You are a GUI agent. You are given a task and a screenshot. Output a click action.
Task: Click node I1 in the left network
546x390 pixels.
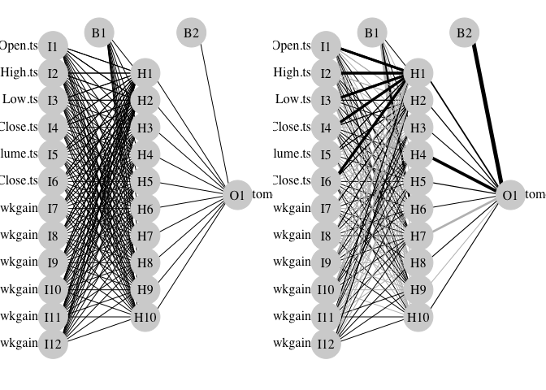53,46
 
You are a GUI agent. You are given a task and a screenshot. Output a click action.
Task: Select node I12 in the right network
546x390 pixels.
326,343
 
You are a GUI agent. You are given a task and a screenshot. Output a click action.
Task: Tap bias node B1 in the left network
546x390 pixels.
99,32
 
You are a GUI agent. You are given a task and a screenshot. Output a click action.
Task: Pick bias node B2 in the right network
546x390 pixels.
464,32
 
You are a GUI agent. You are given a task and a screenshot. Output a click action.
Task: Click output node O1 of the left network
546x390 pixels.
236,195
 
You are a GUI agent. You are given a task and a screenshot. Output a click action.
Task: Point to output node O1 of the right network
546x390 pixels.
509,195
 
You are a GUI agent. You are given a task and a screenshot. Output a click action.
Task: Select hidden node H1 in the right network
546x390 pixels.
418,73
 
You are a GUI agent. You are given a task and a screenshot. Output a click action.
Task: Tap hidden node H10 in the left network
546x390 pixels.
145,317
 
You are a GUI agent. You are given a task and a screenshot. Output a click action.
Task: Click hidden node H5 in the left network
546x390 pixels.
145,181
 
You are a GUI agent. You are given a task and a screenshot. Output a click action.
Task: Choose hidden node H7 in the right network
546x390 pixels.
418,236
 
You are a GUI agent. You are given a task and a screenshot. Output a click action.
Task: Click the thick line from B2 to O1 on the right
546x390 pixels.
487,114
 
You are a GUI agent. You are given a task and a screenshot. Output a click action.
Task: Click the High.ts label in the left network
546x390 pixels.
19,72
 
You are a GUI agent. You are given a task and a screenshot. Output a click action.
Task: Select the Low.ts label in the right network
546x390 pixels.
292,100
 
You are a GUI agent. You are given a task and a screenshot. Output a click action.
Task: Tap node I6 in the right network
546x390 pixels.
326,181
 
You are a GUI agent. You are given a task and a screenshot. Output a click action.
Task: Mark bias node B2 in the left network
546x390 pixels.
191,32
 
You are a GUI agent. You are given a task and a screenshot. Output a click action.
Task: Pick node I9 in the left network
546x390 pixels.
53,262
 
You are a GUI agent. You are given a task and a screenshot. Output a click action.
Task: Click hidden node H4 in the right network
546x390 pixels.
418,154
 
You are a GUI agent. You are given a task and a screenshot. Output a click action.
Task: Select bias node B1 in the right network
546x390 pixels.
372,32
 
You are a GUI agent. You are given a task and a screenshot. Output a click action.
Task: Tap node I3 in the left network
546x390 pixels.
53,100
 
